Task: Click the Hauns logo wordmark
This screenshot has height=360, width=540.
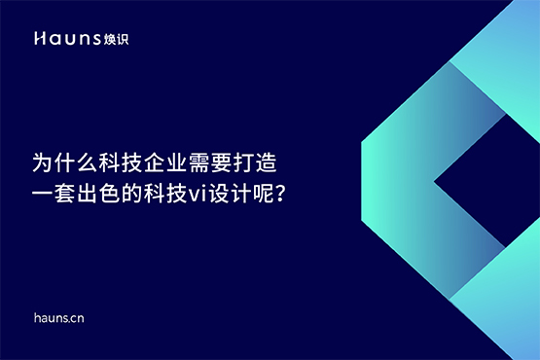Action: (70, 39)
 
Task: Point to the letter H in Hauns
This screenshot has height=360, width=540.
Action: (38, 39)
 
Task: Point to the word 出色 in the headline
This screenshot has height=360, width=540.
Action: (106, 191)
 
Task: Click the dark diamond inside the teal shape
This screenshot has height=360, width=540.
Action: (486, 180)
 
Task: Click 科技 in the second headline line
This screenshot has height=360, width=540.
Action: (172, 191)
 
